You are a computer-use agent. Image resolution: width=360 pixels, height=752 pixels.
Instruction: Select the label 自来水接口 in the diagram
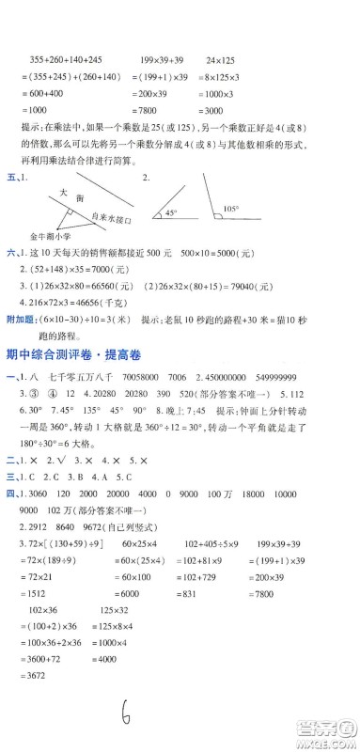[102, 218]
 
